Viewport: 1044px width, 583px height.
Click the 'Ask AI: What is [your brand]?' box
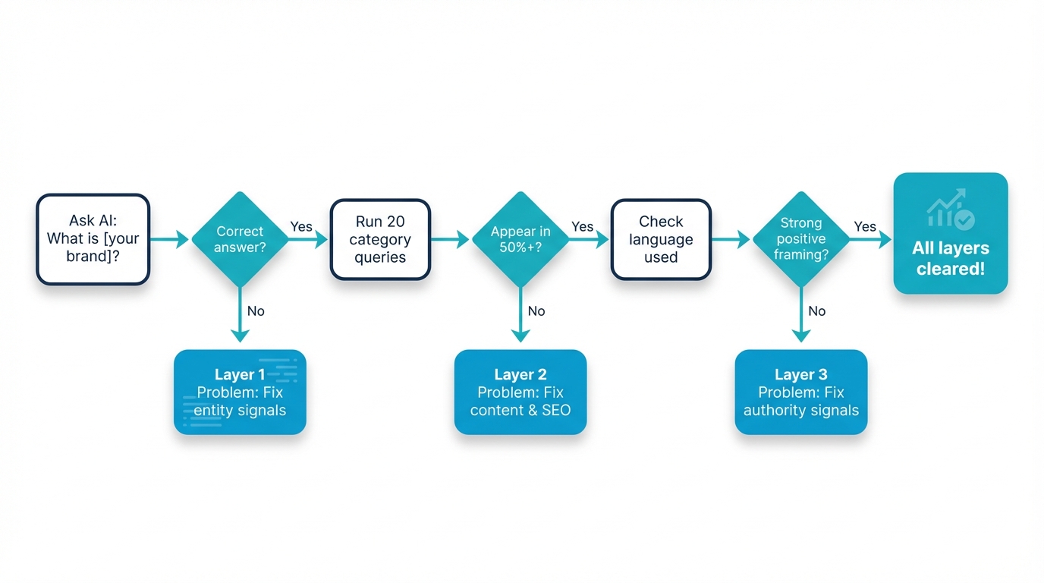click(93, 239)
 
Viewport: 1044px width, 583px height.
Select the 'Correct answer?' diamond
click(240, 239)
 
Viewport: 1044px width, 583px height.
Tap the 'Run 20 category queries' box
click(380, 239)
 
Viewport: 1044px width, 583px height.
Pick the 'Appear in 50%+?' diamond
click(520, 239)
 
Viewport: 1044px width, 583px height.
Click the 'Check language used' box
click(661, 239)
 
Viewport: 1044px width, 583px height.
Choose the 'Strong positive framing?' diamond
click(801, 239)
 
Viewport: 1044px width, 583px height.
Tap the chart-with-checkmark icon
click(951, 209)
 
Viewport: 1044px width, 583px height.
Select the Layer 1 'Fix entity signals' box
click(240, 392)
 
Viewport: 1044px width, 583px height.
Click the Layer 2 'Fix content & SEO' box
click(520, 392)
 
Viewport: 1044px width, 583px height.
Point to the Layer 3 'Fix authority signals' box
click(801, 392)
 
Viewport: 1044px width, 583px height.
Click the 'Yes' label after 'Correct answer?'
click(301, 227)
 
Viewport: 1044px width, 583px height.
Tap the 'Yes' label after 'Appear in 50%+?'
click(582, 227)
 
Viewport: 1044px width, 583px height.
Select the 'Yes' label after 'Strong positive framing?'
click(865, 227)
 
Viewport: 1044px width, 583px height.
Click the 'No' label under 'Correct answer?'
click(256, 311)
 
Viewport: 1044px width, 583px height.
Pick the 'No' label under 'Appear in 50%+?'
click(536, 311)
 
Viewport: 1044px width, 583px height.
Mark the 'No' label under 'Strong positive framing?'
click(817, 311)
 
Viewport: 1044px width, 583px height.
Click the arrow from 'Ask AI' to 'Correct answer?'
click(170, 240)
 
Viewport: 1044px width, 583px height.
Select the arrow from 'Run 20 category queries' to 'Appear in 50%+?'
click(451, 240)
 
